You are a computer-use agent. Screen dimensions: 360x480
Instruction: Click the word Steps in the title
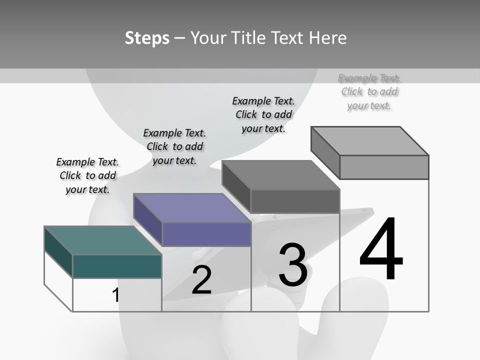coord(147,38)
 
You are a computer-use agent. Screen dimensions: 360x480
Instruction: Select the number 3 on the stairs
coord(293,265)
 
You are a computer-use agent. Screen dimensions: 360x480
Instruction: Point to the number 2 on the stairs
coord(201,280)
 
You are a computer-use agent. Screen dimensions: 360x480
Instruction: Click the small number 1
coord(116,295)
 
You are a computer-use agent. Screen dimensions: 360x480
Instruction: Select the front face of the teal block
coord(117,266)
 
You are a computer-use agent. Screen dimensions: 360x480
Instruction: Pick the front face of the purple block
coord(206,234)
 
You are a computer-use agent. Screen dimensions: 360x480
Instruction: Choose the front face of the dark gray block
coord(295,201)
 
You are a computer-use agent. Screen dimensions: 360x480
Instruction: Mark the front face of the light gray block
coord(384,167)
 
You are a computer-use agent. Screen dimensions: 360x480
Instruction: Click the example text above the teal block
coord(87,175)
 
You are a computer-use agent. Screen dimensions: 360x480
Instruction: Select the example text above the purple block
coord(174,146)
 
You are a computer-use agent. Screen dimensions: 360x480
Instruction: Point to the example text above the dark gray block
coord(263,114)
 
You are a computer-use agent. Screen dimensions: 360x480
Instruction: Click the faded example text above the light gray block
coord(369,91)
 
